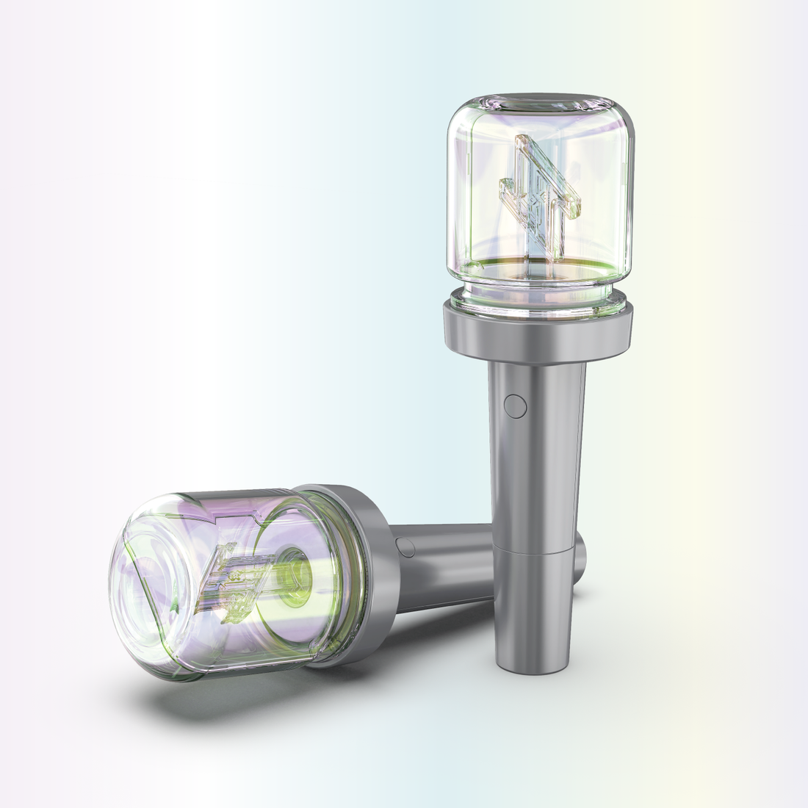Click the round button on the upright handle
click(516, 405)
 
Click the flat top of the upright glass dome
click(541, 102)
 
